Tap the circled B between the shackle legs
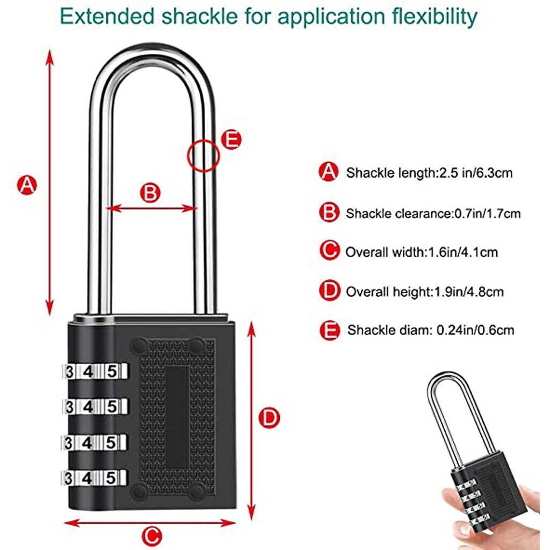[x=151, y=193]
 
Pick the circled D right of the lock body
[x=269, y=418]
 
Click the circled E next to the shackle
[x=231, y=140]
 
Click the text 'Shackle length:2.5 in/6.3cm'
[x=429, y=173]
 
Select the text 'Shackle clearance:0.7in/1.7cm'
[x=433, y=213]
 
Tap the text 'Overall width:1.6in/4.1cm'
[x=422, y=252]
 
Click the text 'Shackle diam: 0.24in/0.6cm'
[x=430, y=329]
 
